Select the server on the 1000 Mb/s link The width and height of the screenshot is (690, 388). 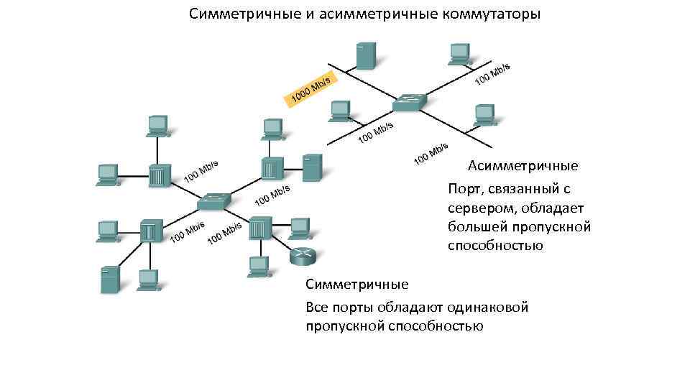click(365, 55)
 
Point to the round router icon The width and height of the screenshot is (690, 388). click(303, 255)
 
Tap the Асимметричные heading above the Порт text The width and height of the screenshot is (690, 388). click(523, 167)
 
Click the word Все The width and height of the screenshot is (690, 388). click(317, 308)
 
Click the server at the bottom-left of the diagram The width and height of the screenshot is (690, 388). click(109, 280)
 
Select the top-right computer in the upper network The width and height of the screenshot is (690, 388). click(459, 52)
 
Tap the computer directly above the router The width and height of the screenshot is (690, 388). click(298, 227)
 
